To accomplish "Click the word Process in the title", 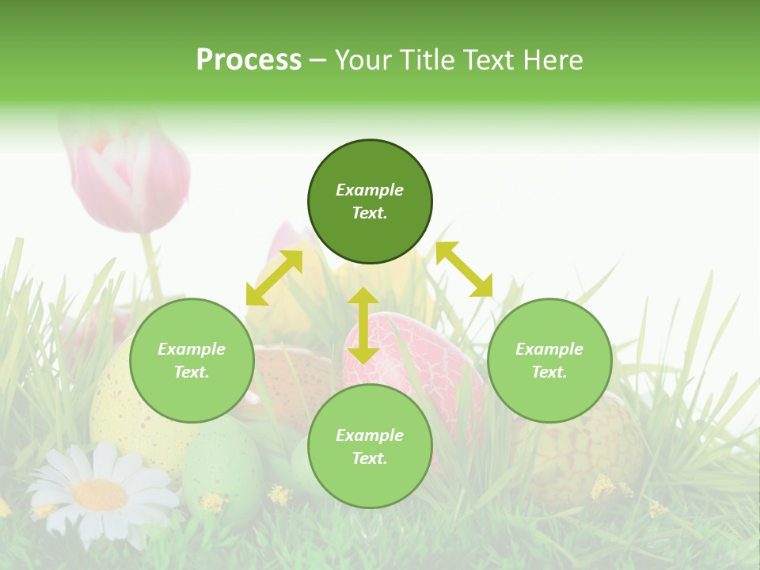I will [x=249, y=60].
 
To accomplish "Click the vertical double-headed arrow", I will [x=363, y=325].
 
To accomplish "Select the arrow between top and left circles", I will [x=274, y=278].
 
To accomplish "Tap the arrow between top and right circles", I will [x=464, y=270].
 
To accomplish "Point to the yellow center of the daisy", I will [x=100, y=495].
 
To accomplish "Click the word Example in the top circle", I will [x=370, y=190].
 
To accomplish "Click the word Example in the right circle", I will [x=549, y=349].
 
